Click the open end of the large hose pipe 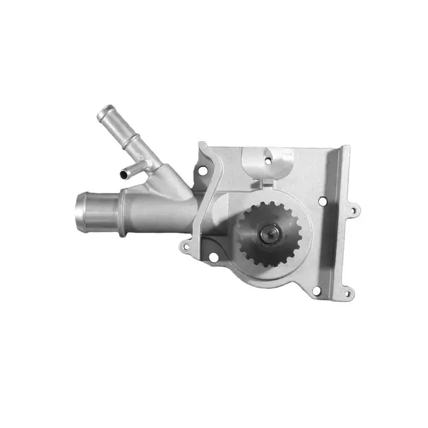tap(81, 209)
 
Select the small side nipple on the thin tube tap(125, 173)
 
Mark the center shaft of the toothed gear tap(270, 233)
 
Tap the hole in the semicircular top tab tap(268, 160)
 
